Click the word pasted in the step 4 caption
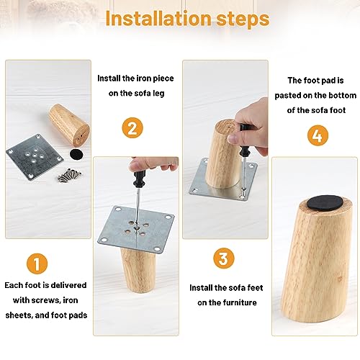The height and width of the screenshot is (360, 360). pyautogui.click(x=294, y=95)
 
